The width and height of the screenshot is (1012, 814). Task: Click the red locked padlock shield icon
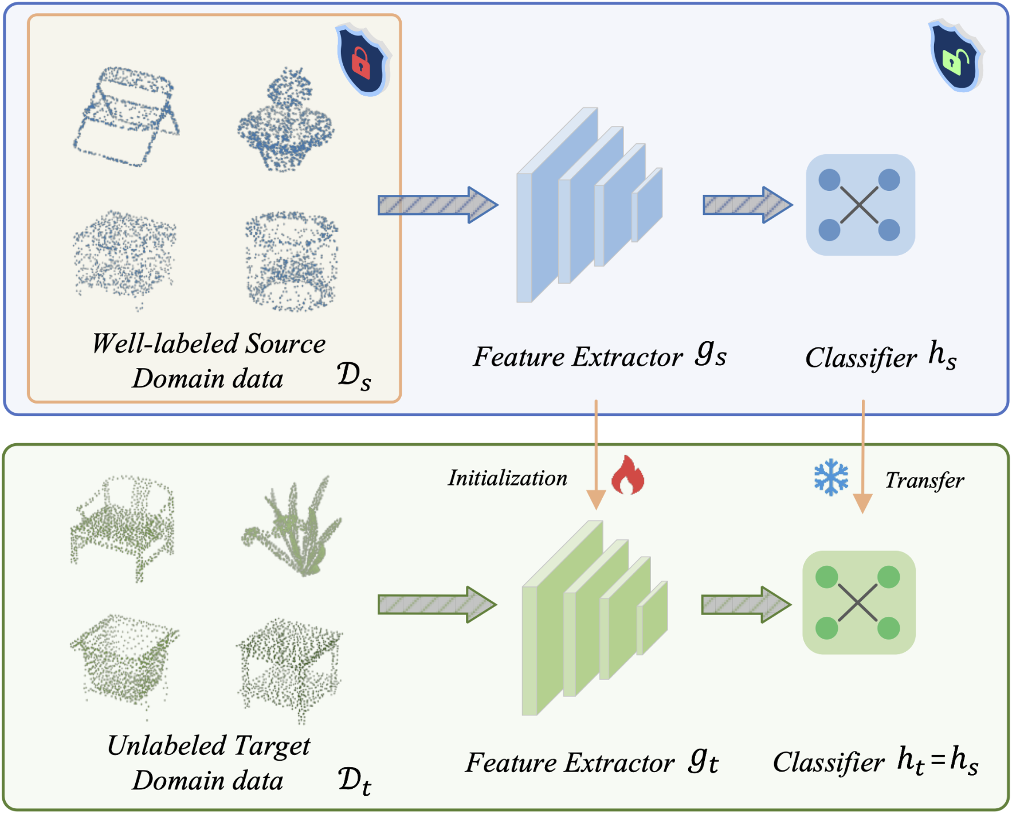[362, 60]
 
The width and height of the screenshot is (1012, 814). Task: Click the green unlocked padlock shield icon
[955, 57]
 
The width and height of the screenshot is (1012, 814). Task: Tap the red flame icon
[627, 475]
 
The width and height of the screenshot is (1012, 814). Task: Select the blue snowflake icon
[831, 477]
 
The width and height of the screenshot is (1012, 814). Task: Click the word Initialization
[507, 478]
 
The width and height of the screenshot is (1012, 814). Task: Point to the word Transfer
[924, 480]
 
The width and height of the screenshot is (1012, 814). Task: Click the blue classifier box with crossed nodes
[860, 205]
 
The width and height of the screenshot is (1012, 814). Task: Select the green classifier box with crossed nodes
[858, 602]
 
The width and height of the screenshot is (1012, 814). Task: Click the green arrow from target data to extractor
[436, 604]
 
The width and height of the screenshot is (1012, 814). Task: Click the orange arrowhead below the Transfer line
[862, 503]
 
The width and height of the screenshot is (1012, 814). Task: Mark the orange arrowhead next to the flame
[596, 499]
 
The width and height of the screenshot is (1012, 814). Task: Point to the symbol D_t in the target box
[354, 781]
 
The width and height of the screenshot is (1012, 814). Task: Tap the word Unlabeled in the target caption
[167, 746]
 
